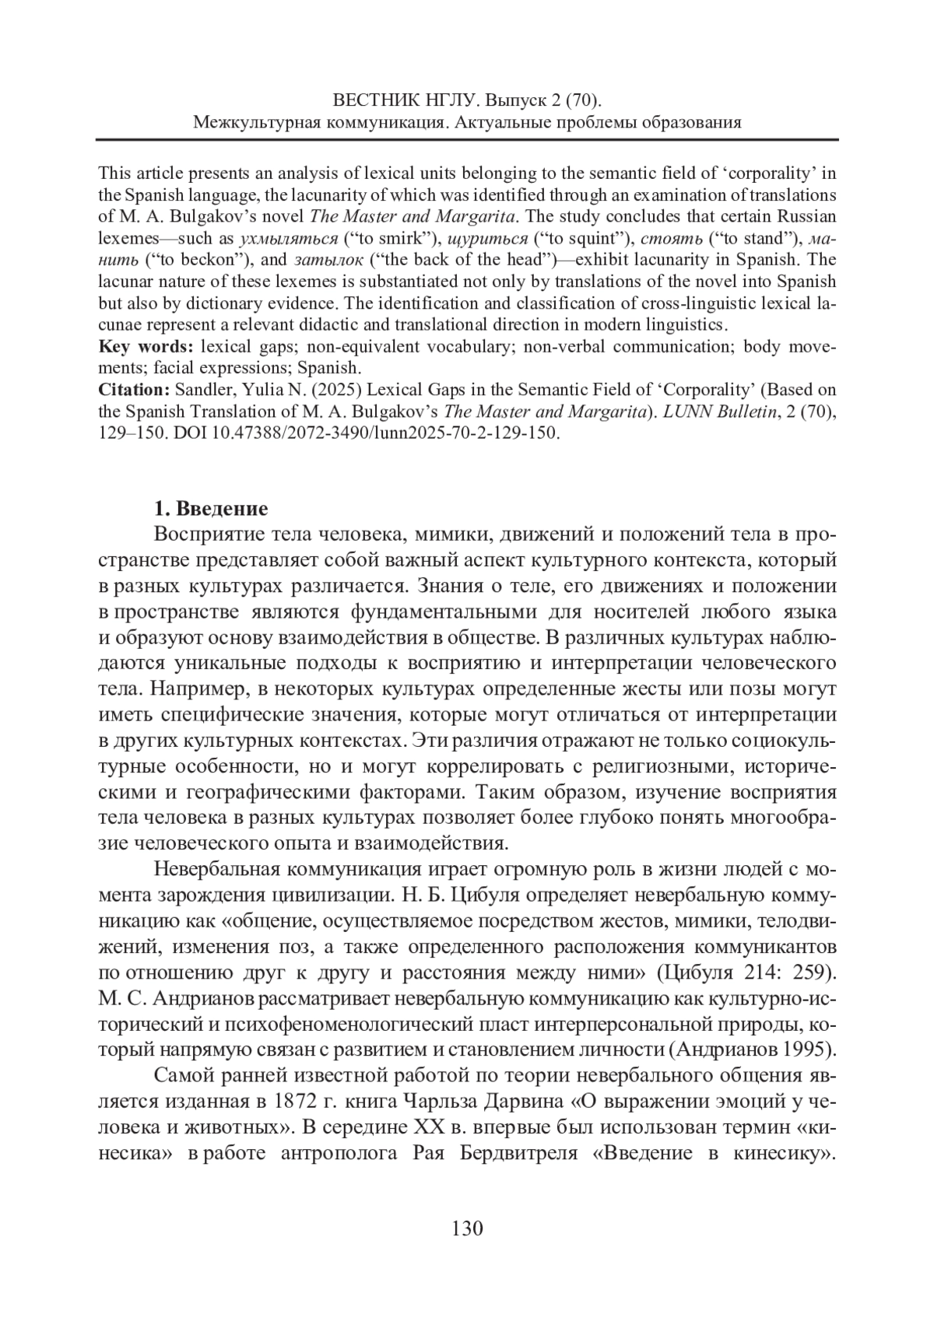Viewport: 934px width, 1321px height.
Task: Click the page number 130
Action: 467,1228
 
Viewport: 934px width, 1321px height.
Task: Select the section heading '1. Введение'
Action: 211,509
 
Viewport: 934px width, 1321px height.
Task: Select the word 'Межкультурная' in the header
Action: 257,122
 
